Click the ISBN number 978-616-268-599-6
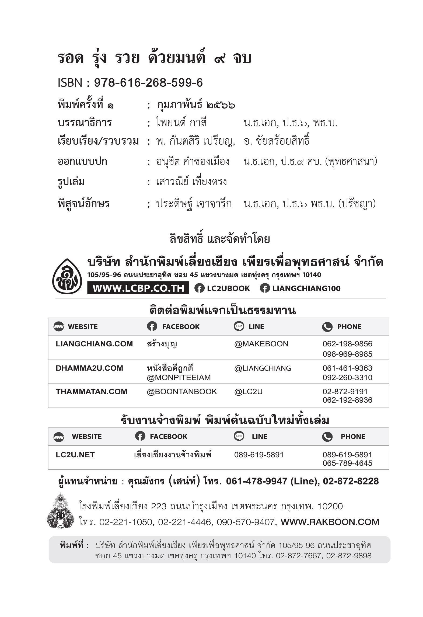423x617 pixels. click(x=148, y=83)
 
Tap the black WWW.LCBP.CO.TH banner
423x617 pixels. click(x=138, y=288)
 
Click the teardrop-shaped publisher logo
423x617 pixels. click(x=67, y=276)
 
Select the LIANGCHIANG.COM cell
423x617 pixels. click(x=94, y=344)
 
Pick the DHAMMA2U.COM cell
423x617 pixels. click(x=89, y=368)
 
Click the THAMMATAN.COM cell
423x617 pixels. click(x=91, y=392)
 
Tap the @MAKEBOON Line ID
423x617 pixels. click(x=261, y=344)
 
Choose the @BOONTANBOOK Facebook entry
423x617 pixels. click(x=181, y=392)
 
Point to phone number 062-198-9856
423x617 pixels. click(x=347, y=344)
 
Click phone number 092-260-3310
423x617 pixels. click(x=347, y=378)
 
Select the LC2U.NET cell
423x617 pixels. click(x=75, y=455)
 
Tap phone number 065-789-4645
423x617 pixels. click(x=347, y=463)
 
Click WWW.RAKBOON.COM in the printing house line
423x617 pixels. click(x=330, y=522)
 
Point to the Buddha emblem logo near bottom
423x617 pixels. click(x=61, y=510)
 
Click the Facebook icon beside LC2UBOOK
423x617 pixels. click(x=199, y=288)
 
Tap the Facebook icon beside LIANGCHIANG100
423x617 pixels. click(x=265, y=288)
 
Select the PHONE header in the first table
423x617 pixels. click(x=349, y=327)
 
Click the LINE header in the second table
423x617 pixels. click(x=259, y=437)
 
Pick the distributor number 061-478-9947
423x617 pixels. click(x=256, y=481)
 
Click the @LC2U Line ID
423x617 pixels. click(x=248, y=392)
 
